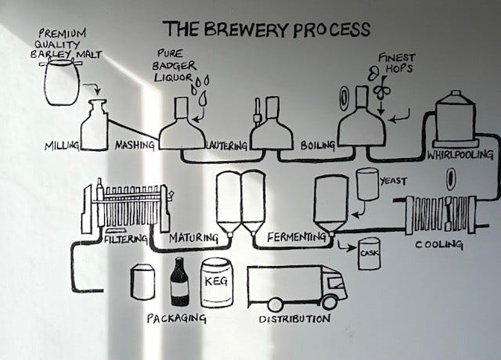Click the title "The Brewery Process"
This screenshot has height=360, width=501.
266,29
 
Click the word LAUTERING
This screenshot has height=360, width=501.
228,146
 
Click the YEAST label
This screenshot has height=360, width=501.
393,181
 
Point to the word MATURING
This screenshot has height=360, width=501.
191,236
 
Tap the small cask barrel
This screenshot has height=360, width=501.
369,255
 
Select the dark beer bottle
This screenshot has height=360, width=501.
179,282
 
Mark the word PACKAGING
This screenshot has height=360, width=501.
176,318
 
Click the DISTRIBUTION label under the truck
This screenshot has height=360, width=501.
294,319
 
